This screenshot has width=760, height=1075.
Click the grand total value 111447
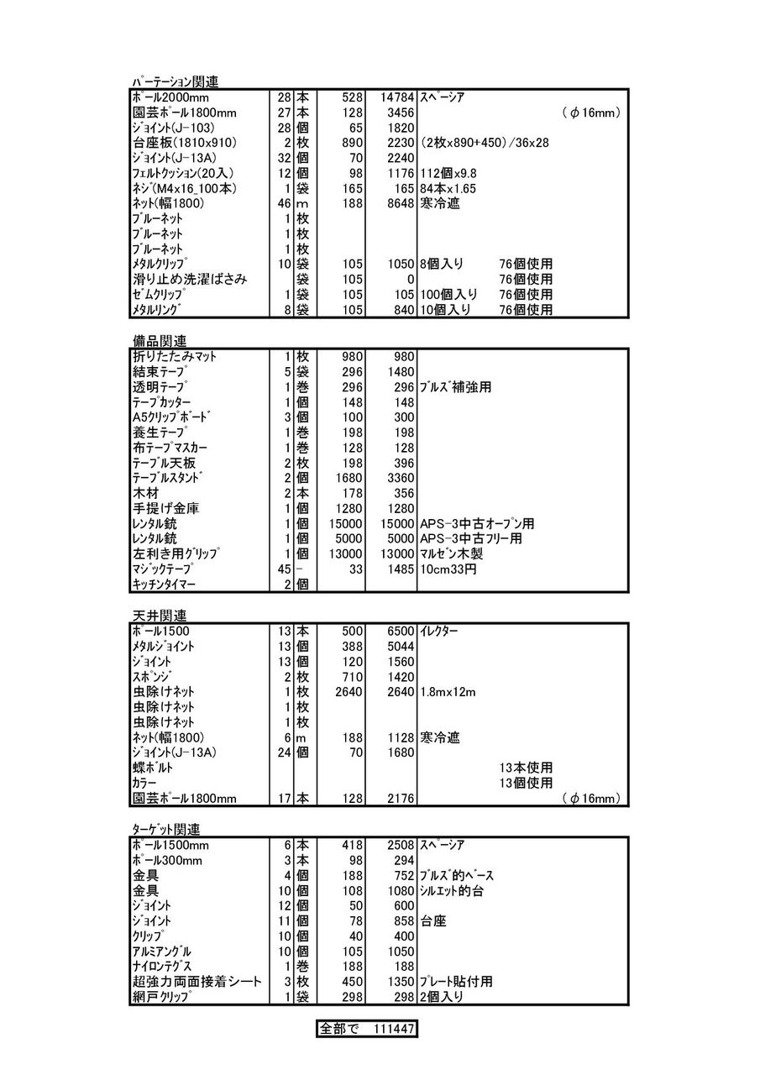pos(391,1029)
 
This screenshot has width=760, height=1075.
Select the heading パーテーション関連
pos(175,81)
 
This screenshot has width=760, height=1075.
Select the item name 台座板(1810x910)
pos(184,143)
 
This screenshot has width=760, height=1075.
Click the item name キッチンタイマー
pos(173,584)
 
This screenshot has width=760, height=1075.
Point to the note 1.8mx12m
pos(448,691)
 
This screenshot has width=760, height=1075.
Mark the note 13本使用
pos(526,768)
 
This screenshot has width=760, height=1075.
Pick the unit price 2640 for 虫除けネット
pos(347,691)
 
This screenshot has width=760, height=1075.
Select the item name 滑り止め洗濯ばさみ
pos(189,279)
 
